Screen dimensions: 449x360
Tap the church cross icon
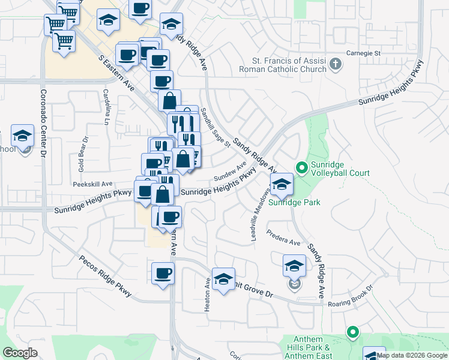[336, 64]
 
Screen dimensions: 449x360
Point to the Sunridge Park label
[294, 202]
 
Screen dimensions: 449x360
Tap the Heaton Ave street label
[208, 293]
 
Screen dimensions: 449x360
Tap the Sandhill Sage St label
[215, 127]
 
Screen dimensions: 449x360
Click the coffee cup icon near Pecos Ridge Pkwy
[163, 274]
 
